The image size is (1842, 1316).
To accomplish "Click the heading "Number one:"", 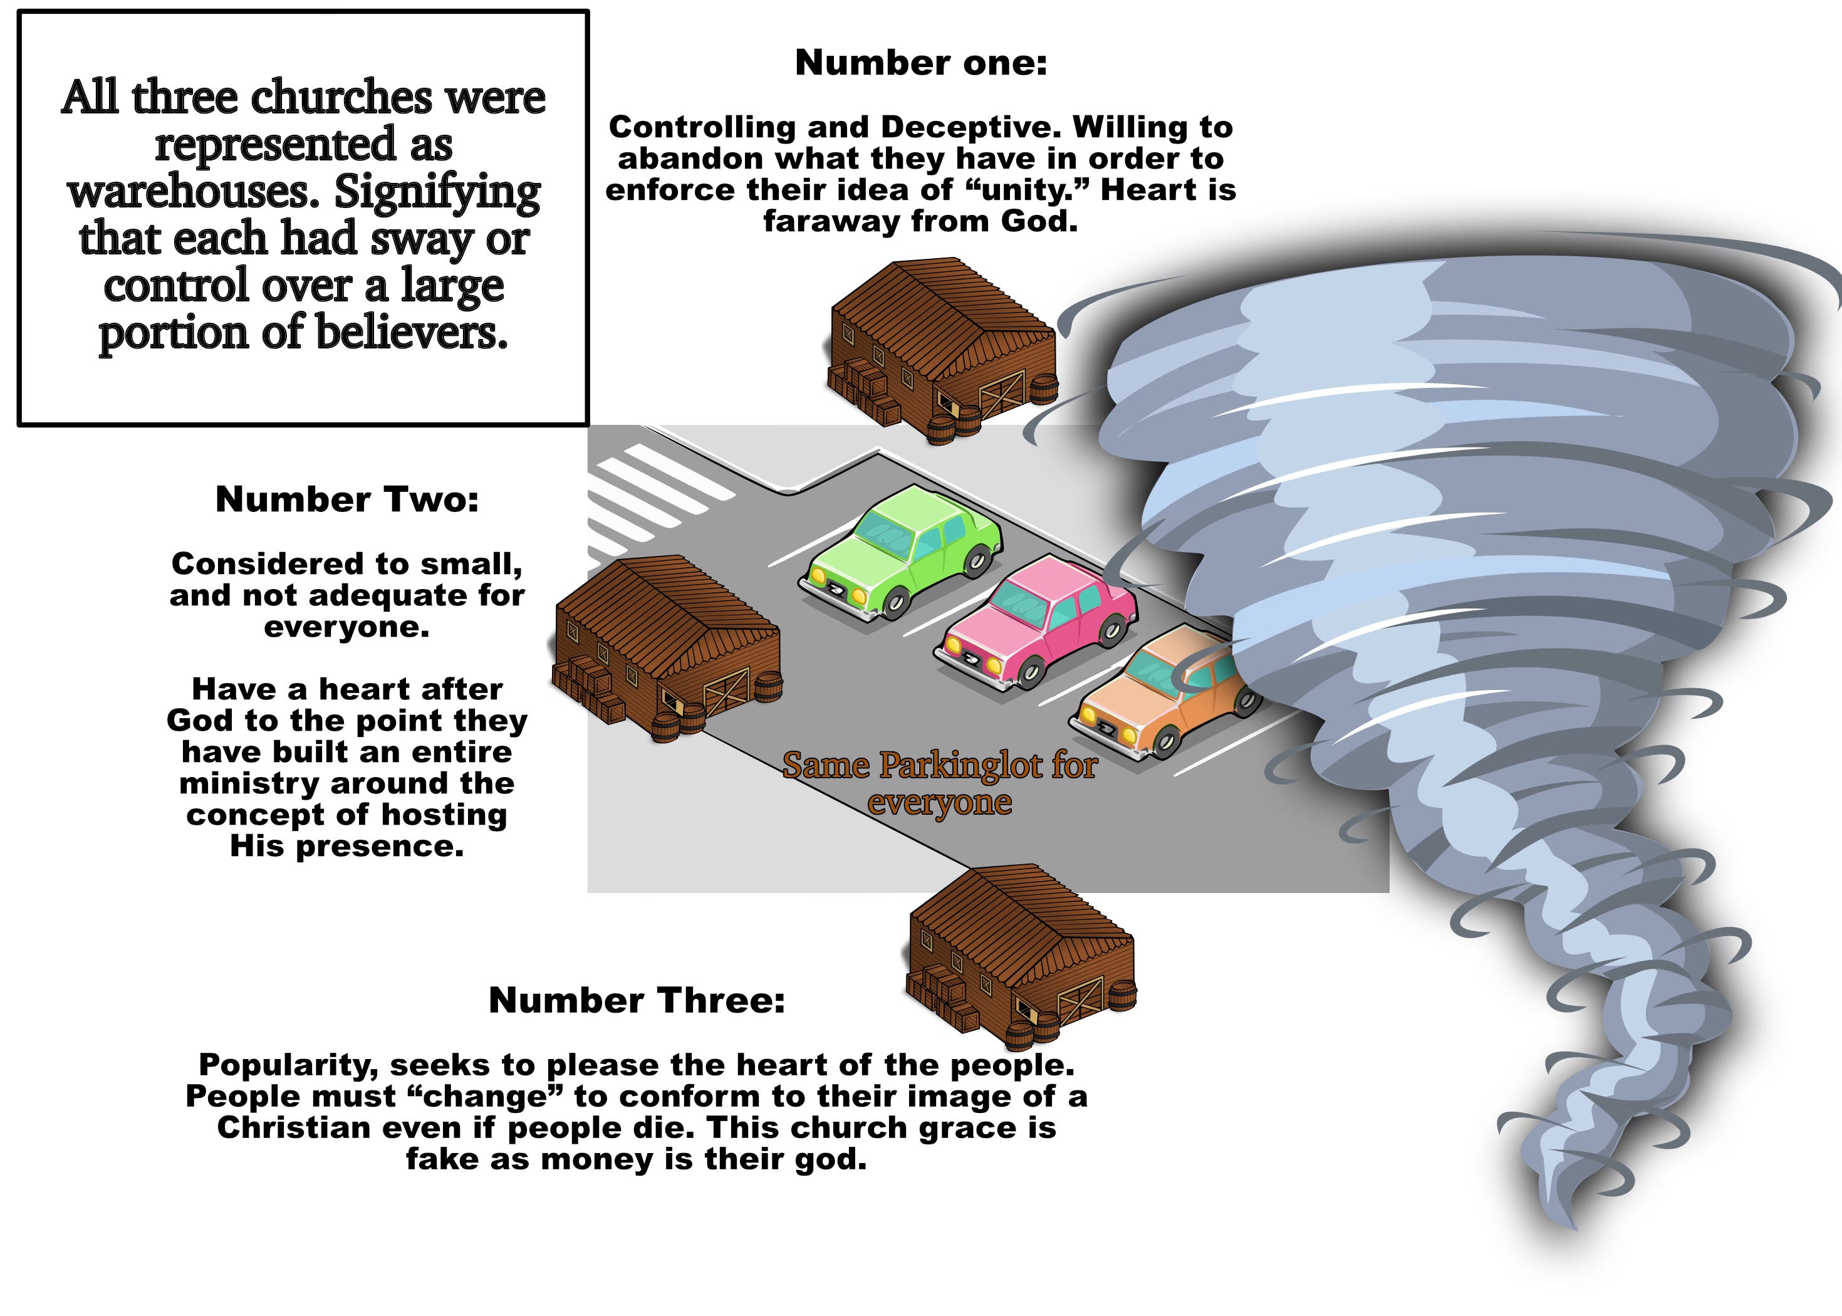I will pos(921,63).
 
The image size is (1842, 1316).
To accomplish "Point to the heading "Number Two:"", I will pos(346,499).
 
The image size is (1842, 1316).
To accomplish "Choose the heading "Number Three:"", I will pos(637,1000).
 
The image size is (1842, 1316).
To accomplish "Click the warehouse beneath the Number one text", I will pos(940,348).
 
